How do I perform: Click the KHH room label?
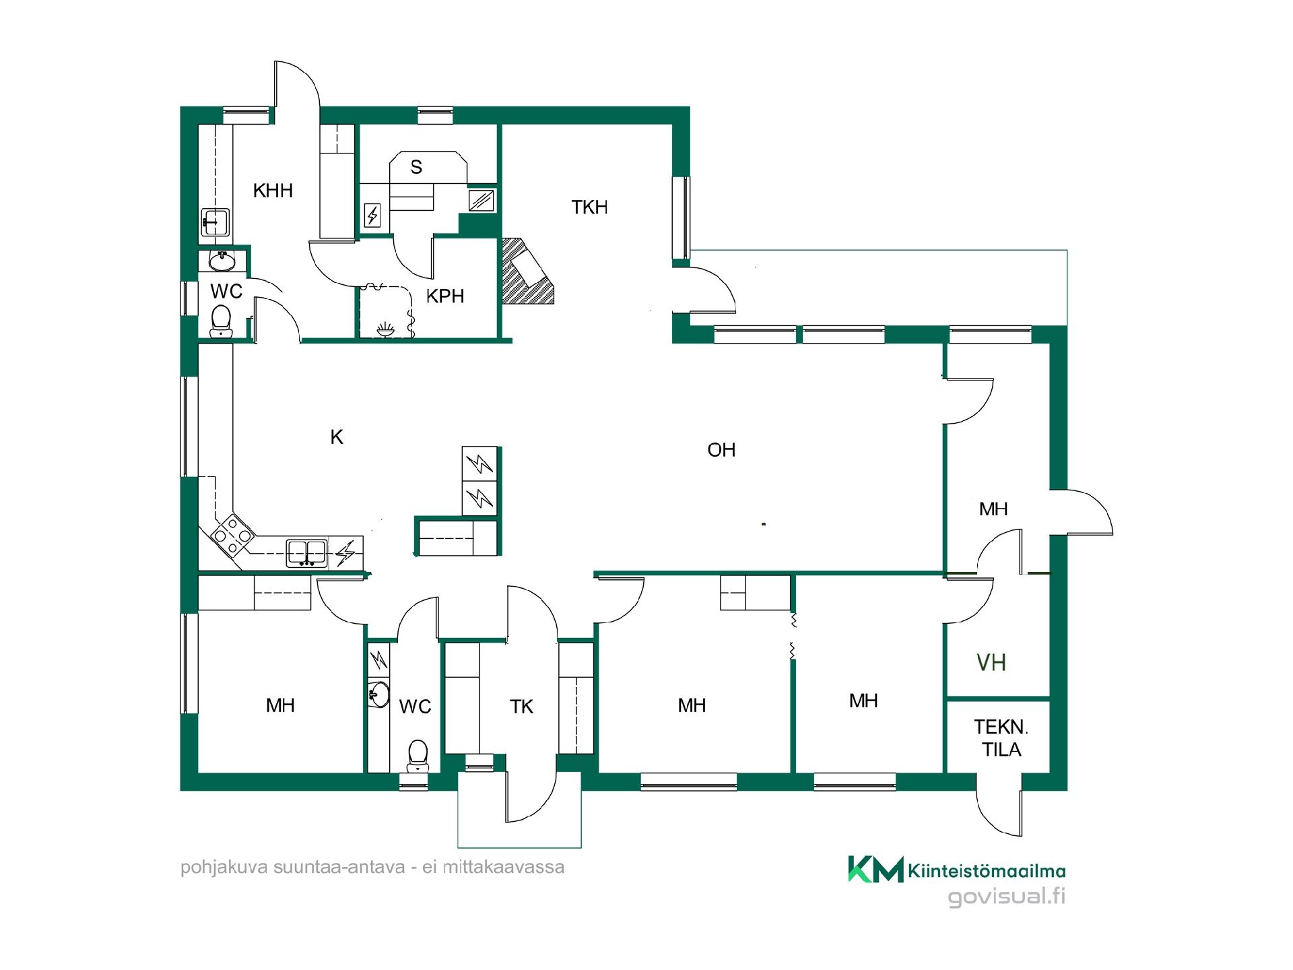point(273,191)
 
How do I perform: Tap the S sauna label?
point(416,167)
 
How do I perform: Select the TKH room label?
point(589,207)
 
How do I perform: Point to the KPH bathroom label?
point(445,296)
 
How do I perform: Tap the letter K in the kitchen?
point(337,437)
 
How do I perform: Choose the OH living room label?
point(721,450)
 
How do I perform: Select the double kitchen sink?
point(307,552)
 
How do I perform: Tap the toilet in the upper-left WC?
point(220,321)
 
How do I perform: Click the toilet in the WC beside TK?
point(418,755)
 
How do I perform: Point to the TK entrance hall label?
point(521,707)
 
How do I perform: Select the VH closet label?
point(991,663)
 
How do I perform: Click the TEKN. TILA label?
point(1001,738)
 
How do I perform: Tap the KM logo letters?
point(875,869)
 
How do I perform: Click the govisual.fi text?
point(1006,897)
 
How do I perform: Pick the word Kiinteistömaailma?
point(987,871)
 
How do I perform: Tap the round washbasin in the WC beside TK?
point(380,694)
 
